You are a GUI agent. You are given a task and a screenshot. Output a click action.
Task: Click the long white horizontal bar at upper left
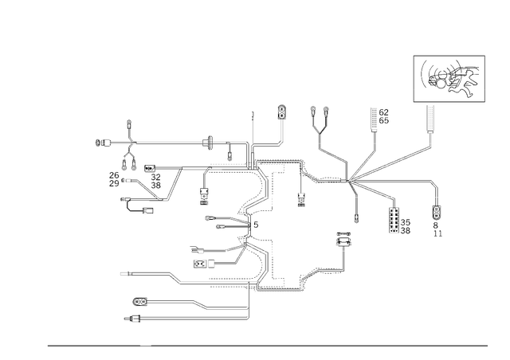click(191, 142)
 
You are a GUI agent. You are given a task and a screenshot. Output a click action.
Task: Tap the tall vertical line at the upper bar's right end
click(252, 131)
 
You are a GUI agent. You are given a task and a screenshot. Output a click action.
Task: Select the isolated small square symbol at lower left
click(124, 273)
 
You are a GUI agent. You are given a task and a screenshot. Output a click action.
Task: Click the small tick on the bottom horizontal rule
click(144, 346)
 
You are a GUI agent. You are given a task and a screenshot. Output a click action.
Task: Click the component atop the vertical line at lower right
click(343, 237)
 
